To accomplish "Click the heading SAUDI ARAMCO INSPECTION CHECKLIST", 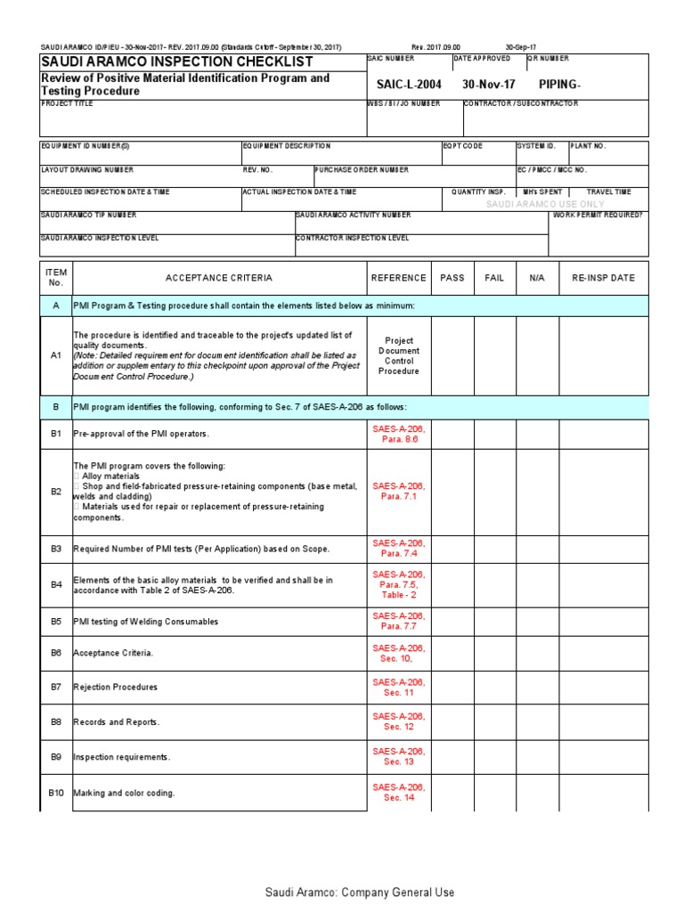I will (x=177, y=61).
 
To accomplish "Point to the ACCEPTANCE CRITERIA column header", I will (x=219, y=278).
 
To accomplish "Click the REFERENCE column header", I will (x=398, y=278).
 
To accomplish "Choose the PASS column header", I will (x=452, y=278).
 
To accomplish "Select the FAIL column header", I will (x=494, y=278).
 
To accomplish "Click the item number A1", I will (x=56, y=354).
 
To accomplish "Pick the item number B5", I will (x=56, y=621).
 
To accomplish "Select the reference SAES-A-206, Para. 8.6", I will (x=399, y=434).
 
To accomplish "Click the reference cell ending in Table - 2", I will (x=399, y=585).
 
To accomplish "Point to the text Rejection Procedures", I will (x=116, y=688).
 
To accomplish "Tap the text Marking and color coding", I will (x=124, y=793).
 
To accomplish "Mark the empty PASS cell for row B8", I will (x=452, y=722).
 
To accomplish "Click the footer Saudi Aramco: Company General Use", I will (x=360, y=892).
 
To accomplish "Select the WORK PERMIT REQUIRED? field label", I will (x=599, y=215).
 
